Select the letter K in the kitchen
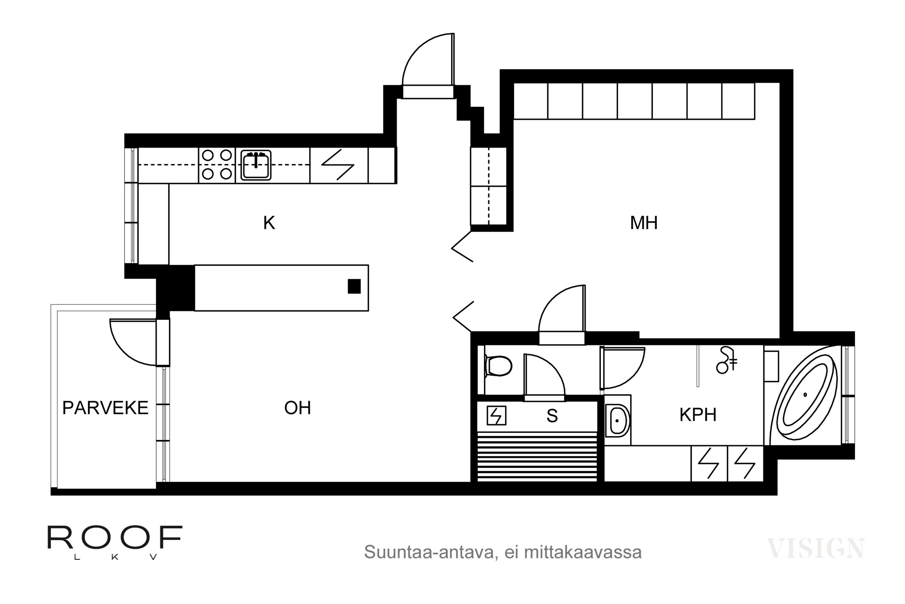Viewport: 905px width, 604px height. tap(269, 223)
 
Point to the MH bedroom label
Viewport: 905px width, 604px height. tap(644, 223)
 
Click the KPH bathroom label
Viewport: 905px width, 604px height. tap(698, 415)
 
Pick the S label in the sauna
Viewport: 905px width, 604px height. tap(552, 416)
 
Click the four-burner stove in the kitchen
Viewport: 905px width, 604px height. tap(217, 165)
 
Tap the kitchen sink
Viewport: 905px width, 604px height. tap(256, 165)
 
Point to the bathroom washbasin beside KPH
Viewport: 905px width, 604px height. tap(618, 421)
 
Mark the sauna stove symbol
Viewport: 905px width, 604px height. tap(496, 416)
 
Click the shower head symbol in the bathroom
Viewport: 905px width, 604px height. tap(726, 360)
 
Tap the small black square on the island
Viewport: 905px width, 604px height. tap(354, 287)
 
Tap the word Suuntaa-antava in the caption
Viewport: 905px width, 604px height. tap(429, 552)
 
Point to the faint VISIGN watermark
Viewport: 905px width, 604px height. tap(816, 548)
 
